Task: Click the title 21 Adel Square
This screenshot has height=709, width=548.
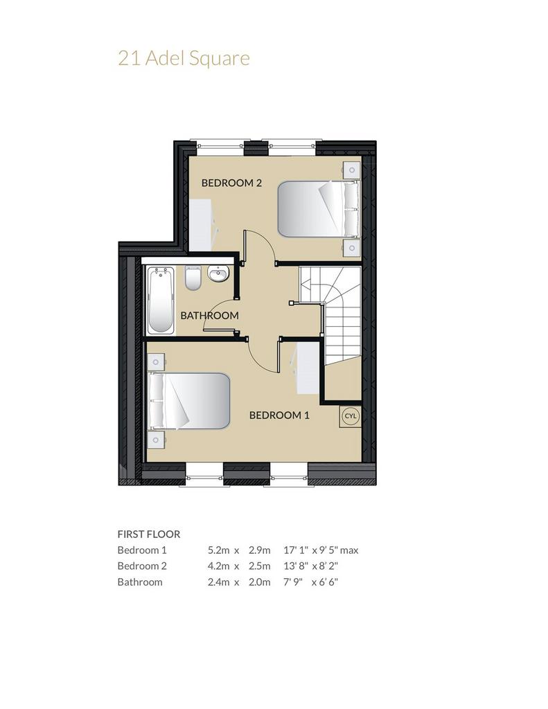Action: click(184, 59)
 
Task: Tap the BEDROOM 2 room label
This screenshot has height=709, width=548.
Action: click(231, 183)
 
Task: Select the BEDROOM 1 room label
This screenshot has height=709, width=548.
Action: click(279, 415)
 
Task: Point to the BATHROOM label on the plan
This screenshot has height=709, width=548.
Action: click(209, 316)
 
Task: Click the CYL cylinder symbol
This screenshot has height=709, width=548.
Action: click(351, 416)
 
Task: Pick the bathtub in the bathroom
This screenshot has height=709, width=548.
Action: click(161, 300)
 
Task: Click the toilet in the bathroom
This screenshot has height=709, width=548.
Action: click(193, 278)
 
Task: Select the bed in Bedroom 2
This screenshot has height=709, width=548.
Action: click(319, 209)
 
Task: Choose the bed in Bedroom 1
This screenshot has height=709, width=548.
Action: click(188, 401)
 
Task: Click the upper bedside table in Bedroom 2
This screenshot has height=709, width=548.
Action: click(351, 170)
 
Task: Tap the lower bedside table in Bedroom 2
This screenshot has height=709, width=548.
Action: click(351, 248)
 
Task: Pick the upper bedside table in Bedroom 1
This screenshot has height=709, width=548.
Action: click(156, 362)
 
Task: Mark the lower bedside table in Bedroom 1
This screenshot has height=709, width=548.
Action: click(156, 439)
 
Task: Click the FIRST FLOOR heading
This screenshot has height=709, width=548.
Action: click(149, 534)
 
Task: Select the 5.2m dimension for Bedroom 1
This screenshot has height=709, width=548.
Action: click(218, 550)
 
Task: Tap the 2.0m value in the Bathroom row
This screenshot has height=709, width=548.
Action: click(259, 582)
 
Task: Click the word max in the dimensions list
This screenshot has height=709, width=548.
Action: click(349, 550)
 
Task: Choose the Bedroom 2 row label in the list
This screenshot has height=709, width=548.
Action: click(142, 566)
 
